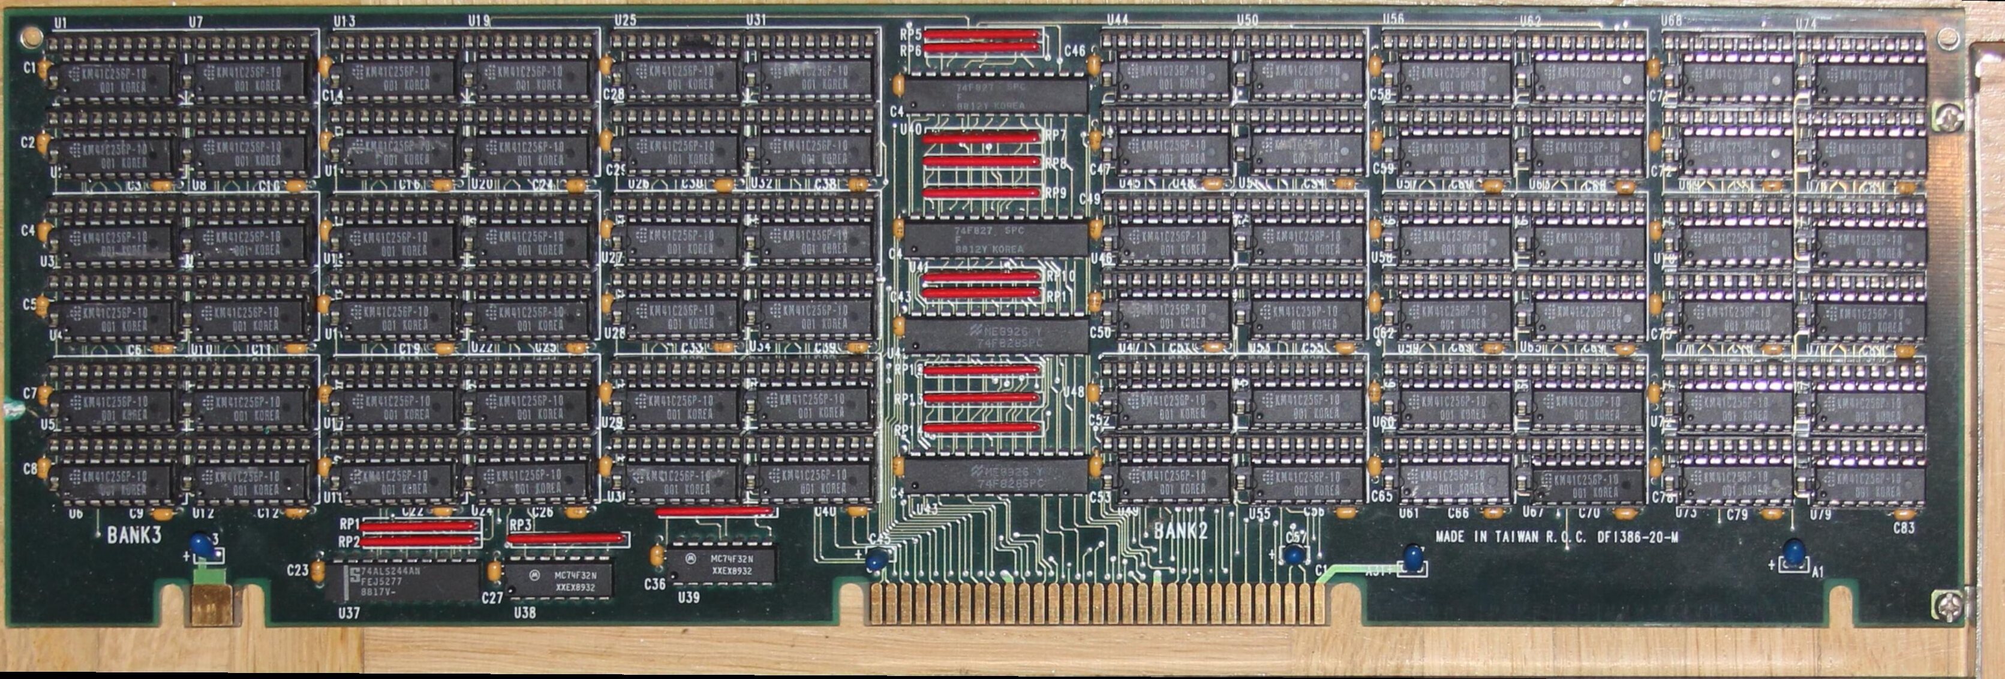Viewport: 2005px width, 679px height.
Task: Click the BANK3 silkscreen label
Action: pyautogui.click(x=134, y=535)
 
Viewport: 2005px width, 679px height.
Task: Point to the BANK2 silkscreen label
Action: pyautogui.click(x=1180, y=531)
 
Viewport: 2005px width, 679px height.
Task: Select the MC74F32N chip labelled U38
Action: pyautogui.click(x=559, y=580)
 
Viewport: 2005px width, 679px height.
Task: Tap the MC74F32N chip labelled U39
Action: pyautogui.click(x=725, y=564)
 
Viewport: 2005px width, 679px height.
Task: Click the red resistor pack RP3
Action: pyautogui.click(x=566, y=538)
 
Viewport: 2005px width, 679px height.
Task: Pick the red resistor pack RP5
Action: pyautogui.click(x=982, y=34)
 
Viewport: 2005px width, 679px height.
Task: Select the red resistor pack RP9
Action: pyautogui.click(x=982, y=192)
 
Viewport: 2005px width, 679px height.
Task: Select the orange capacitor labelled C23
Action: pyautogui.click(x=317, y=570)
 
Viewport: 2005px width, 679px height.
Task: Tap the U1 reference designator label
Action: pyautogui.click(x=60, y=23)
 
